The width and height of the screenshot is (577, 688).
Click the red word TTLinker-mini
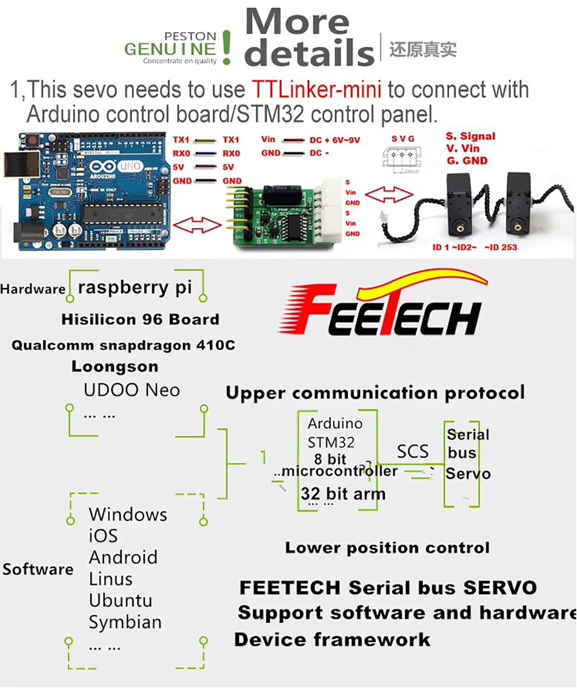pos(316,89)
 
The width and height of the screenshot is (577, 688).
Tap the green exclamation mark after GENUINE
pos(226,48)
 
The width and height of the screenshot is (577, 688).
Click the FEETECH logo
pos(382,306)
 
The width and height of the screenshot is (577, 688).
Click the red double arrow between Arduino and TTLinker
pos(197,225)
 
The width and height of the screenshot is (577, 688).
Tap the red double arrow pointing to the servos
pos(389,195)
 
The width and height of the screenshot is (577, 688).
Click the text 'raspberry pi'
pos(135,287)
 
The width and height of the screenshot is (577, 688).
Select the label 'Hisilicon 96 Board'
pos(140,319)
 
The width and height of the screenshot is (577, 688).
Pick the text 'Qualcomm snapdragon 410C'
pos(123,345)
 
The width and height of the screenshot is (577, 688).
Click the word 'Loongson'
pos(114,367)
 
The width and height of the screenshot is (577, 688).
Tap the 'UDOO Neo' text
pos(131,390)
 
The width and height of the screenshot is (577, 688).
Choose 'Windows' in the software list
pos(128,514)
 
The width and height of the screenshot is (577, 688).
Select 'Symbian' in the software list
pos(125,622)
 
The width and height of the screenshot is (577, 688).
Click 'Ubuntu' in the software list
pos(120,600)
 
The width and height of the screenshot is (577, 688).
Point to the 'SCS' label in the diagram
pos(413,451)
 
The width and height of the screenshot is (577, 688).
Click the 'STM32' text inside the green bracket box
pos(331,442)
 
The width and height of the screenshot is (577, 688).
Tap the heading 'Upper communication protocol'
pos(375,393)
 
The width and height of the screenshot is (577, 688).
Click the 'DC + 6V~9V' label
pos(335,140)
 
